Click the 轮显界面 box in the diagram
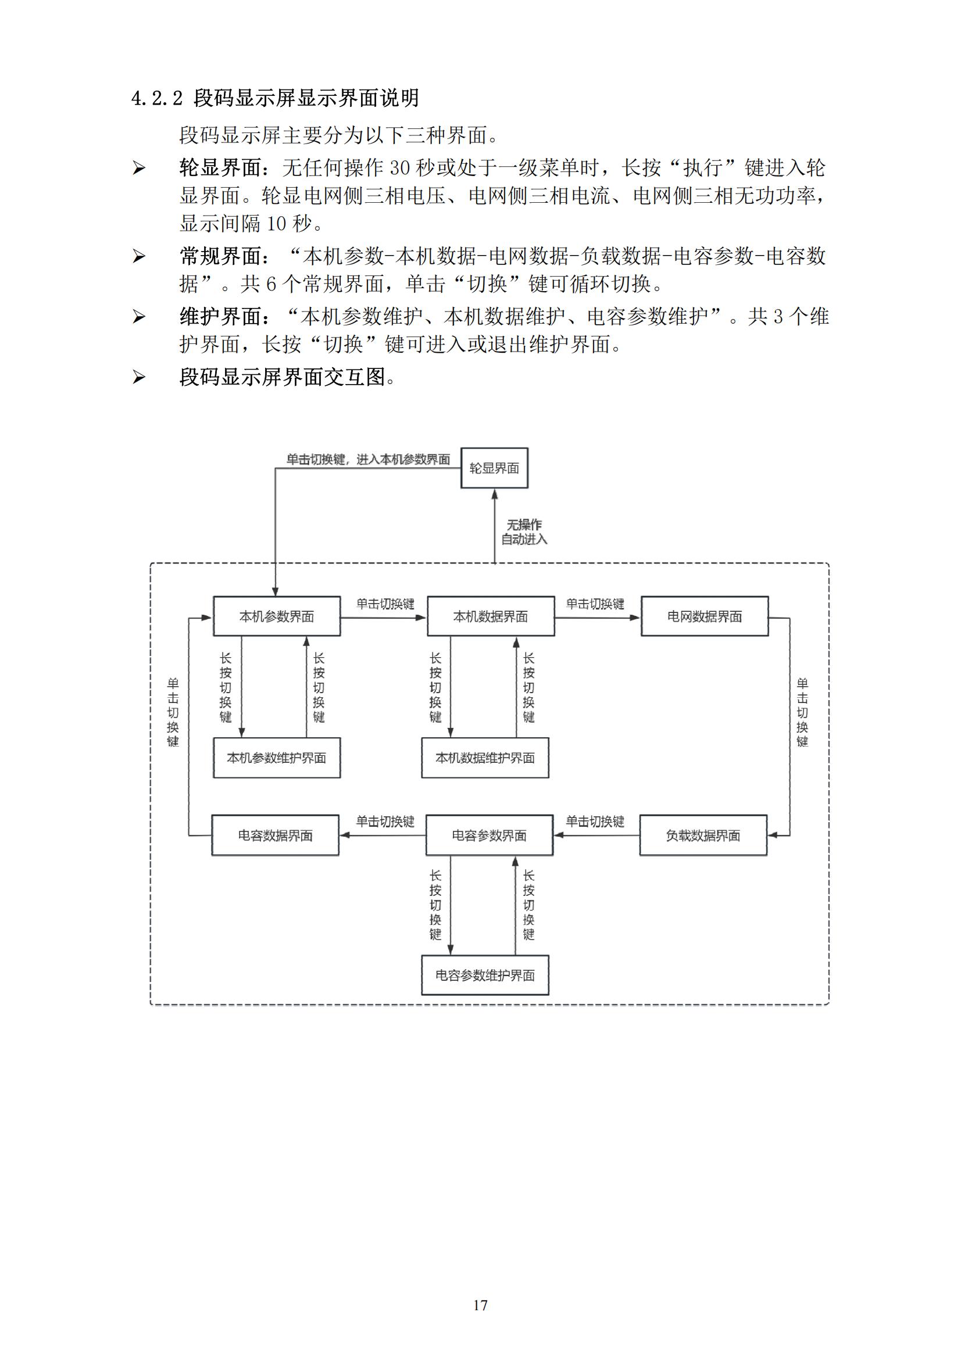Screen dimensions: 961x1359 (x=494, y=468)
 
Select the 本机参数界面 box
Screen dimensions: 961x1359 (x=277, y=616)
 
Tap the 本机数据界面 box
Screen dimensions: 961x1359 (x=490, y=616)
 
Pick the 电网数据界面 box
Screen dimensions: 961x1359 (x=705, y=616)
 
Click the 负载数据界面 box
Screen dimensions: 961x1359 (x=703, y=835)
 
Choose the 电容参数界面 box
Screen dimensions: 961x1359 (x=489, y=835)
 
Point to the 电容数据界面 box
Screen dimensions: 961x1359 (x=276, y=835)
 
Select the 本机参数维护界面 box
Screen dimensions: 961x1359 (x=277, y=758)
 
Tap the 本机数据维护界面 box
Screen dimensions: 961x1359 (x=485, y=758)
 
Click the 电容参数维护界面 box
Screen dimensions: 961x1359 (x=485, y=975)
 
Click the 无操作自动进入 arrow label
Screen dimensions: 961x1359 (x=524, y=532)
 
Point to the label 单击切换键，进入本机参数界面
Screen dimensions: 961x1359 (x=368, y=460)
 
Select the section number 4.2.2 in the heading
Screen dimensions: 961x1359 (x=157, y=98)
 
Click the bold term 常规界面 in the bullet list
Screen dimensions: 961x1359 (x=220, y=256)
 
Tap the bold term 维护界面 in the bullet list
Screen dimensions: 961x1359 (x=220, y=317)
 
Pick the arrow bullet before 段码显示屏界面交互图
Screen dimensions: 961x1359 (x=138, y=377)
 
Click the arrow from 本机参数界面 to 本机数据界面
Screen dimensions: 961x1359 (x=384, y=618)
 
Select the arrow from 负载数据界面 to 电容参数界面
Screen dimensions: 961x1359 (x=596, y=835)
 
